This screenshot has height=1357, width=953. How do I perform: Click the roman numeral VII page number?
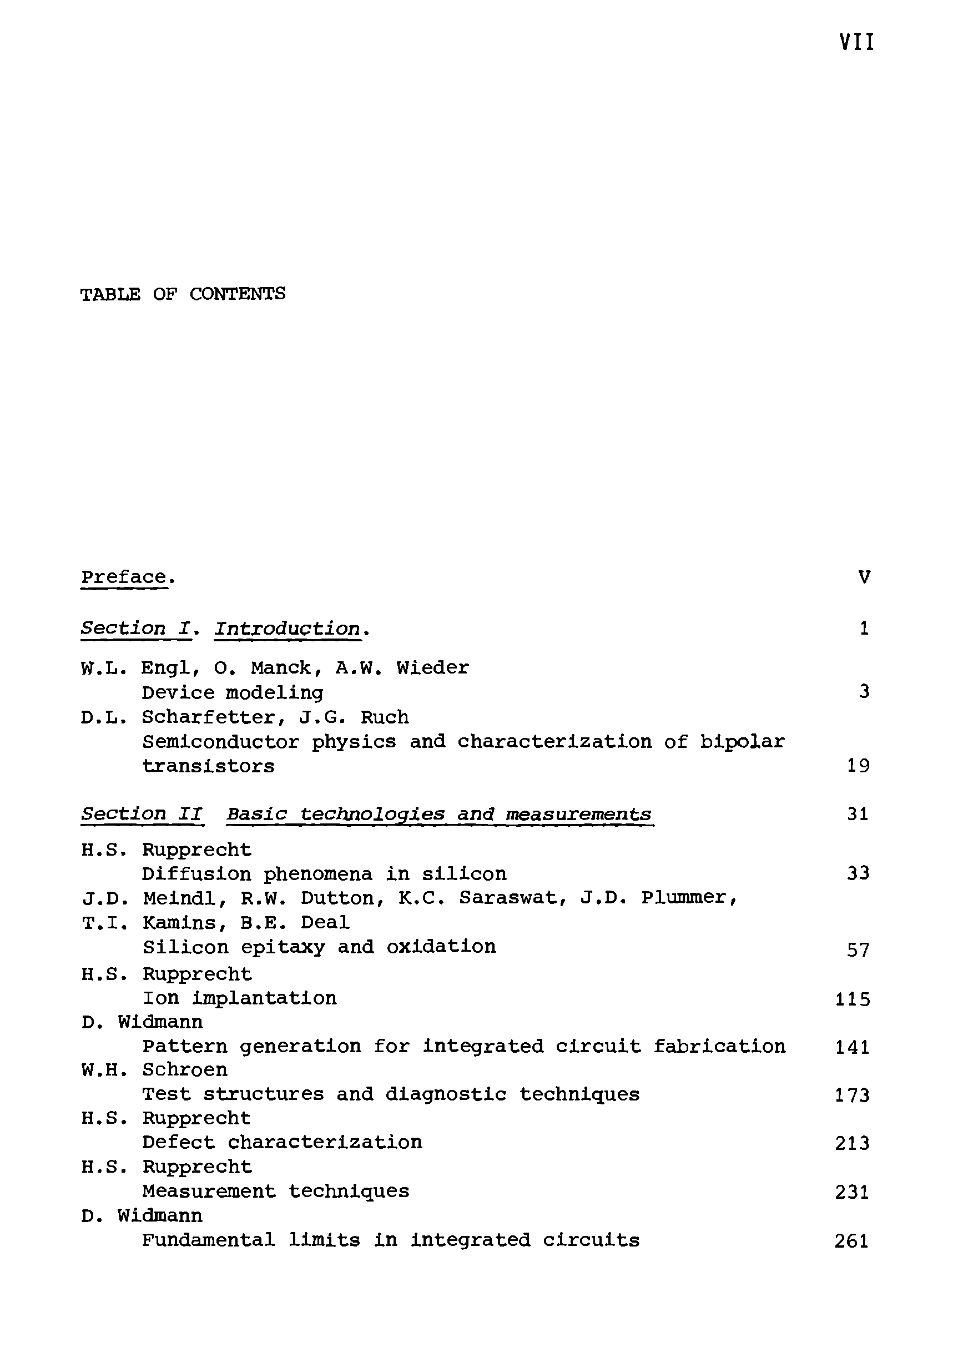click(x=856, y=43)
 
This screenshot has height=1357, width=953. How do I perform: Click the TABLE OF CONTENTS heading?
click(x=183, y=294)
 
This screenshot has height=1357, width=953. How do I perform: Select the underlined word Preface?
click(x=123, y=577)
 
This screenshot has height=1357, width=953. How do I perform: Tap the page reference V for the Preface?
click(x=864, y=577)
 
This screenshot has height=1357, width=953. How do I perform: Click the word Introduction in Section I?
click(x=287, y=629)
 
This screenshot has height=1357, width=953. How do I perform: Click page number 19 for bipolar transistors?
click(x=858, y=766)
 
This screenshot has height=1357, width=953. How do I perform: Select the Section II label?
click(x=142, y=814)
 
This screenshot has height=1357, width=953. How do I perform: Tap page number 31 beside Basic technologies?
click(x=858, y=814)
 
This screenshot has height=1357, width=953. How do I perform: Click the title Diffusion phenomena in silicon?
click(x=324, y=873)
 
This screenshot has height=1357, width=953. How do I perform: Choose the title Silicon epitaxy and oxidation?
click(x=319, y=947)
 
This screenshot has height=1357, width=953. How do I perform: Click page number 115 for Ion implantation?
click(x=853, y=999)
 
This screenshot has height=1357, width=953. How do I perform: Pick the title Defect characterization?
click(x=283, y=1143)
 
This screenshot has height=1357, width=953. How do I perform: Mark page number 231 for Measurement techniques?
click(x=853, y=1192)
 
